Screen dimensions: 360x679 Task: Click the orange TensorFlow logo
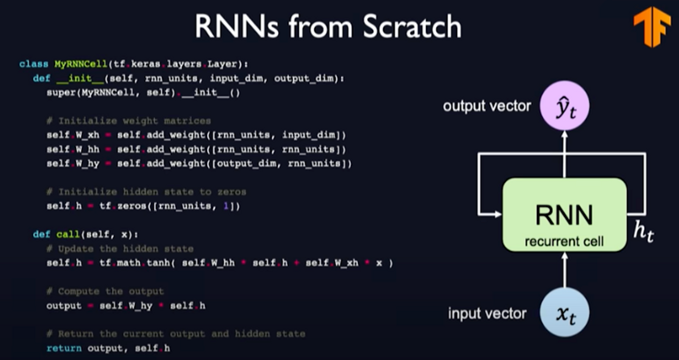tap(652, 26)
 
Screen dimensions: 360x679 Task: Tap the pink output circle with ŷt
tap(564, 106)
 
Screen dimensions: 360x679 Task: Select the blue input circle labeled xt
tap(564, 312)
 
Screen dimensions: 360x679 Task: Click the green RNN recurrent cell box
tap(564, 215)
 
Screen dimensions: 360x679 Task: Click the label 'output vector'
tap(486, 106)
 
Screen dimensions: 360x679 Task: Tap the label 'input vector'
tap(487, 314)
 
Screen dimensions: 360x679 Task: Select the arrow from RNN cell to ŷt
tap(564, 153)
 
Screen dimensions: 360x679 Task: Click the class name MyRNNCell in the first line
tap(81, 64)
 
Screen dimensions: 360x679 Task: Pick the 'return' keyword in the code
tap(64, 348)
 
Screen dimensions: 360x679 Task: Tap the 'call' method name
tap(68, 234)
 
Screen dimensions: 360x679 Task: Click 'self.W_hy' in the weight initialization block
tap(73, 163)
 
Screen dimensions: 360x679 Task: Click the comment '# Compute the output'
tap(105, 291)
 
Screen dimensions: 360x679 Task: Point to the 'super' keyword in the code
tap(61, 92)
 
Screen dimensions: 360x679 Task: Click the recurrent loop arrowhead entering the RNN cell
tap(498, 214)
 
